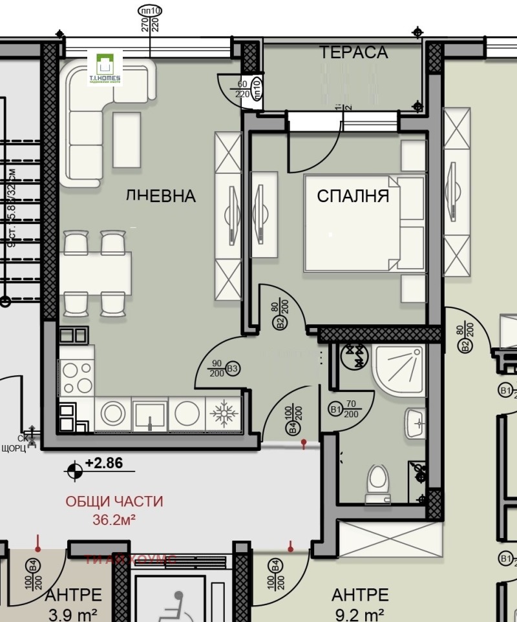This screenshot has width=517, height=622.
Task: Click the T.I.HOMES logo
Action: coord(104,69)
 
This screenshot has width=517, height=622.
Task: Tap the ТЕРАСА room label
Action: coord(353,52)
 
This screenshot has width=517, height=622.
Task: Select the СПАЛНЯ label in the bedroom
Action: coord(353,196)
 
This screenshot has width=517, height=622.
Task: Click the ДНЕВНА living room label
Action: coord(160,196)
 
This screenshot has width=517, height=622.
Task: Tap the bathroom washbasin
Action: coord(415,423)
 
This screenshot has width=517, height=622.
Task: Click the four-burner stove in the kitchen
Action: coord(77,377)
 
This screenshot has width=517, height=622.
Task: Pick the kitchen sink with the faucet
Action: coord(150,414)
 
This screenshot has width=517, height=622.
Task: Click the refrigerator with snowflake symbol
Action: coord(223,414)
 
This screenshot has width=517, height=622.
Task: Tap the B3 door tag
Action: coord(233,369)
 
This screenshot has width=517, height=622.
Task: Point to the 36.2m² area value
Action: coord(114,519)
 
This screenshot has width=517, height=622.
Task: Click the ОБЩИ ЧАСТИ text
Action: coord(114,501)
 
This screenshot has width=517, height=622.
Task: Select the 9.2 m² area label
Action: coord(359,613)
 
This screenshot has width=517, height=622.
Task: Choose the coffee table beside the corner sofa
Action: coord(126,140)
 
